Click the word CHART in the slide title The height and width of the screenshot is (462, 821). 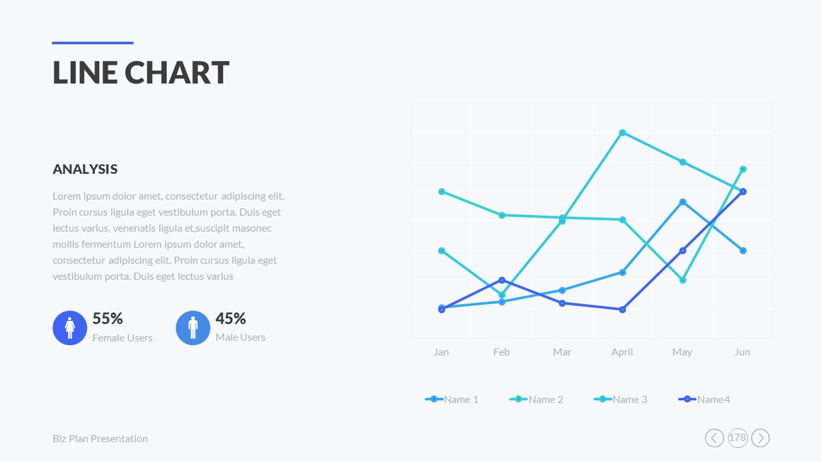tap(176, 73)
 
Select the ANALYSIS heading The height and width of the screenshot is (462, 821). tap(85, 169)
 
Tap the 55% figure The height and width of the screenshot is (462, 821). tap(107, 319)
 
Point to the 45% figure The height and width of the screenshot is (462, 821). tap(230, 319)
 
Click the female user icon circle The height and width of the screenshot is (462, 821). tap(70, 328)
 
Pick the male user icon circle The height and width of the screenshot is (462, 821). tap(193, 328)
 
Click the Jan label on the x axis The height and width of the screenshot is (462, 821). tap(441, 352)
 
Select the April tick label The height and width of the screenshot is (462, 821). tap(622, 352)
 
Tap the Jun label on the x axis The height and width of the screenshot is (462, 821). tap(742, 352)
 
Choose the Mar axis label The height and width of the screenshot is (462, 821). tap(562, 352)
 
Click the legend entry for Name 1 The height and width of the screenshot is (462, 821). tap(452, 399)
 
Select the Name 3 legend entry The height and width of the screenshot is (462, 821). tap(621, 399)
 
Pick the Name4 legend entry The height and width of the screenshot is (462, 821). tap(704, 399)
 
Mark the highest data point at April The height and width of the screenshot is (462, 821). tap(622, 133)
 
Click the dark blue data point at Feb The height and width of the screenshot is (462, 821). tap(502, 280)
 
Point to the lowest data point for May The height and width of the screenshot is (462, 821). tap(682, 280)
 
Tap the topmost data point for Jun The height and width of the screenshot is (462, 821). tap(743, 169)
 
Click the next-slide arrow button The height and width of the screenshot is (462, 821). tap(760, 438)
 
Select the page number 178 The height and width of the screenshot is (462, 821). tap(738, 438)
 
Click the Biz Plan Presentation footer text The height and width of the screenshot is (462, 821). tap(100, 439)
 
